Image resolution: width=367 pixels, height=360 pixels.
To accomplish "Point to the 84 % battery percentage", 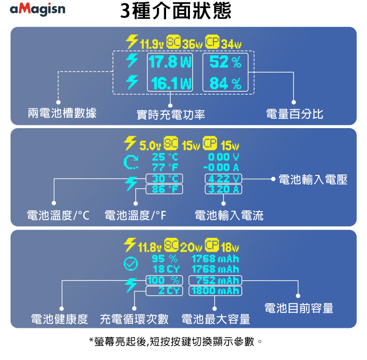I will tap(225, 84).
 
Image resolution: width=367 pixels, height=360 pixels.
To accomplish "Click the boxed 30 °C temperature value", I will tap(164, 179).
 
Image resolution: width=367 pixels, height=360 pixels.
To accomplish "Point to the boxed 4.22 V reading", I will tap(223, 179).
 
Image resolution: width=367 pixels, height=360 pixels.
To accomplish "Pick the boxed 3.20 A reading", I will tap(223, 189).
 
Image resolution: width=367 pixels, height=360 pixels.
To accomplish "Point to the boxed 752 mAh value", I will tap(217, 281).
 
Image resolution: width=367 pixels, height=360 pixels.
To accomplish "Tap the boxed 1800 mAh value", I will tap(216, 291).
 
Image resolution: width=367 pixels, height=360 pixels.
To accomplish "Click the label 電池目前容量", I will tap(299, 309).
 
